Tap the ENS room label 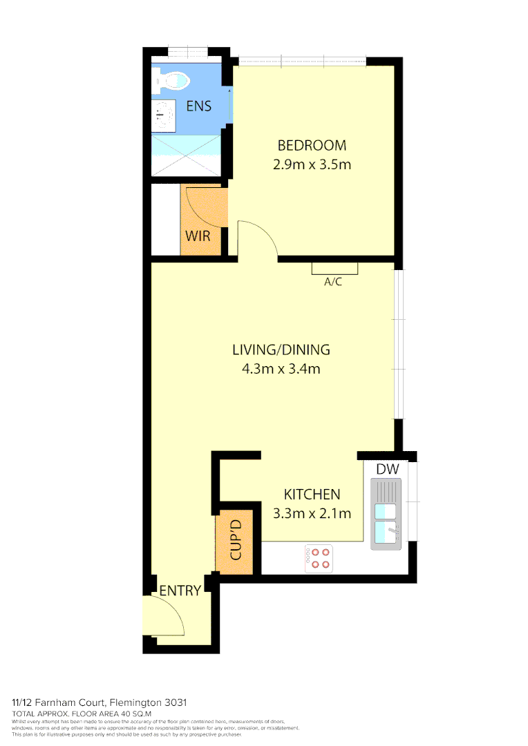pyautogui.click(x=198, y=106)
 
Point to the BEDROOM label pyautogui.click(x=311, y=146)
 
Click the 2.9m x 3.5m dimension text pyautogui.click(x=311, y=165)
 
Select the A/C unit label pyautogui.click(x=333, y=282)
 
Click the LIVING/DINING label pyautogui.click(x=281, y=350)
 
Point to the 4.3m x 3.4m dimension pyautogui.click(x=281, y=369)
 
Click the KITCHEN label pyautogui.click(x=312, y=495)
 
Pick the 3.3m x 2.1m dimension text pyautogui.click(x=312, y=513)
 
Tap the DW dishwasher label pyautogui.click(x=387, y=470)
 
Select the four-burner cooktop pyautogui.click(x=319, y=558)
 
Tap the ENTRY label pyautogui.click(x=180, y=591)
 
